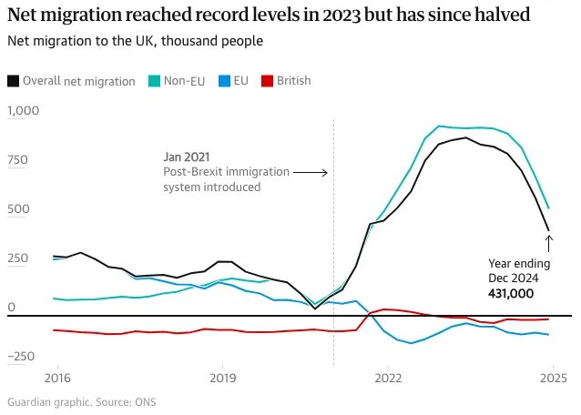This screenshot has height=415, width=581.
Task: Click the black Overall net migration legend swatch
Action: (14, 81)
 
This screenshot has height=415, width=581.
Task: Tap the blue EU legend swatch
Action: (224, 81)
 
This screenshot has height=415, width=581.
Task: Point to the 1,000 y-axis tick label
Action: (24, 110)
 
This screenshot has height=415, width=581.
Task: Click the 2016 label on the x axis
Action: (58, 377)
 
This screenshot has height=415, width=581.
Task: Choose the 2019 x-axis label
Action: (223, 377)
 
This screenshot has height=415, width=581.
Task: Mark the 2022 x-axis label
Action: (388, 377)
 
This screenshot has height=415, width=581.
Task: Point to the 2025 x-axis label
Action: (553, 377)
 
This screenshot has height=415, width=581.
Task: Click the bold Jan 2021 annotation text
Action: (186, 157)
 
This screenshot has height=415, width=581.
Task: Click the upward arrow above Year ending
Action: (549, 242)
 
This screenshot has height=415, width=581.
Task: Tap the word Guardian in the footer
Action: (30, 401)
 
